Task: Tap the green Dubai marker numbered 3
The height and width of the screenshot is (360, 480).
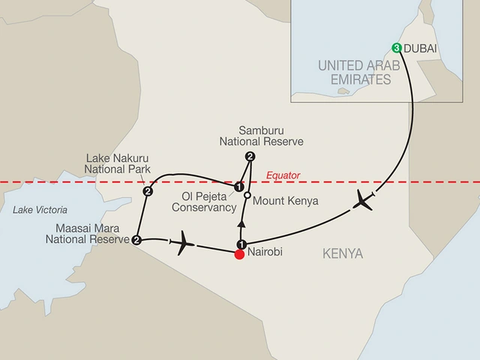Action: (396, 47)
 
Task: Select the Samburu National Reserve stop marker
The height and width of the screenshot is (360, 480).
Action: (250, 156)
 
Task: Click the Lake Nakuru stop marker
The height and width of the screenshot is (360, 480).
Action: (148, 192)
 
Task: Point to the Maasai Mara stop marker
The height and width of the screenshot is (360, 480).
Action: (136, 240)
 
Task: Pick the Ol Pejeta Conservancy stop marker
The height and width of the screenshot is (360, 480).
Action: (238, 187)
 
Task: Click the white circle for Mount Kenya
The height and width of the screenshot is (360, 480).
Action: (247, 196)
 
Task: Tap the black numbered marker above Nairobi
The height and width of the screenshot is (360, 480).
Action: (241, 244)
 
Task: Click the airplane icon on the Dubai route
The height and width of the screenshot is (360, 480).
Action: (365, 200)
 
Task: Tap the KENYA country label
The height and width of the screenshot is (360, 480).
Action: (341, 254)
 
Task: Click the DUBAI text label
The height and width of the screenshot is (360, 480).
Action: (421, 47)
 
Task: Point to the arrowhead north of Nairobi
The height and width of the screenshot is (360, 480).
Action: (241, 223)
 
